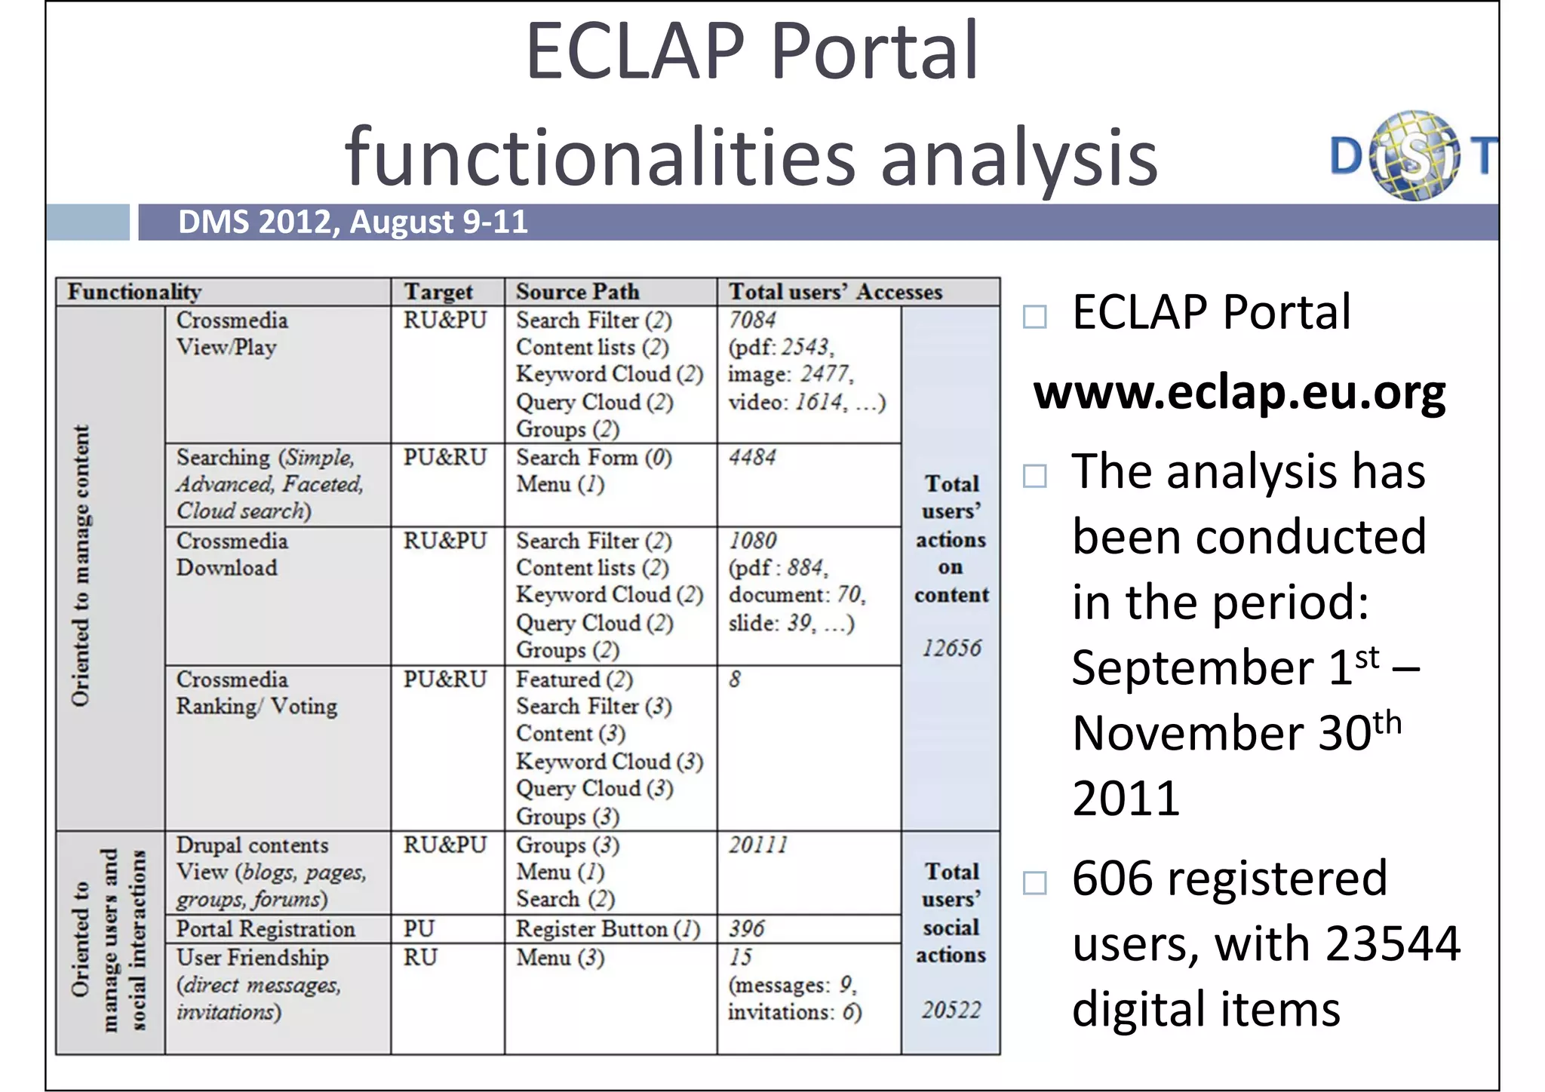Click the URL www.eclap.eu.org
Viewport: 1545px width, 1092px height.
1239,392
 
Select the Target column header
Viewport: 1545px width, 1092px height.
438,292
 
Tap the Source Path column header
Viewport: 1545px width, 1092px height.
577,292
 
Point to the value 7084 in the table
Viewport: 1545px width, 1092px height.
752,320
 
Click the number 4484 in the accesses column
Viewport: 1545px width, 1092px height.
752,457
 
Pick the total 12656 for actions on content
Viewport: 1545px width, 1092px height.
951,648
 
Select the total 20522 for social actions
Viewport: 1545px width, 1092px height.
951,1010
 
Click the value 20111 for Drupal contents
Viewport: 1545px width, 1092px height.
758,845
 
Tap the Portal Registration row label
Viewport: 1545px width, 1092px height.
266,929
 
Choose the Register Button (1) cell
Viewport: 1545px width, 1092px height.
608,929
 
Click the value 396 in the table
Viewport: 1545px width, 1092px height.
747,929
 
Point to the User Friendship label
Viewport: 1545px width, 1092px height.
253,958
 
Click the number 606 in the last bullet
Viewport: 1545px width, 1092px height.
1105,878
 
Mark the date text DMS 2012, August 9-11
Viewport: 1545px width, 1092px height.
353,222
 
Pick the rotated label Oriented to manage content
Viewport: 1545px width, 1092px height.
80,566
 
